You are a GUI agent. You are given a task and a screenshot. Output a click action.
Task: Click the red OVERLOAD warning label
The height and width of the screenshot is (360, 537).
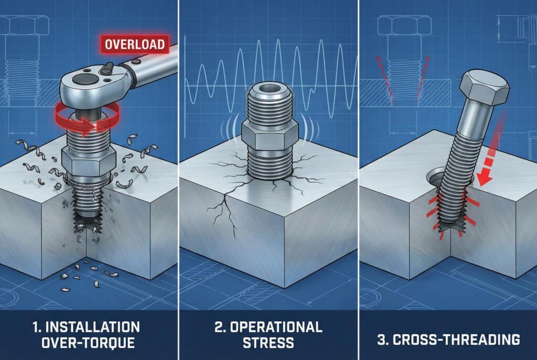(x=135, y=45)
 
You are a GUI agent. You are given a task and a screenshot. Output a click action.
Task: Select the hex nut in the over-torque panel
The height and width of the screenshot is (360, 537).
(x=88, y=160)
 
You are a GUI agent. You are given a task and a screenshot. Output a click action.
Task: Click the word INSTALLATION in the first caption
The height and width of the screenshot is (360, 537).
(x=92, y=327)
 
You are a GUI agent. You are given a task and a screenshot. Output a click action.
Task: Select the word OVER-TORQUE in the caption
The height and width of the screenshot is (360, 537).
(x=88, y=343)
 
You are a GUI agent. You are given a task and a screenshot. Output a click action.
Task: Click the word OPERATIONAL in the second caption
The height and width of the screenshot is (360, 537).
(x=276, y=327)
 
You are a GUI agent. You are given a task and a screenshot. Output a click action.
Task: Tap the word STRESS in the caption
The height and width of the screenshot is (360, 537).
(x=268, y=343)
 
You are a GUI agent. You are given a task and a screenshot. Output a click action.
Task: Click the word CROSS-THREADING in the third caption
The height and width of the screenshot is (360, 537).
(x=456, y=340)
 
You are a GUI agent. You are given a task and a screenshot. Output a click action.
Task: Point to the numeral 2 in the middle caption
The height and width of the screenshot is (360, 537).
(x=219, y=327)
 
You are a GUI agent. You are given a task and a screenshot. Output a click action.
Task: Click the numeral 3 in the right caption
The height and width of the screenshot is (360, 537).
(x=382, y=340)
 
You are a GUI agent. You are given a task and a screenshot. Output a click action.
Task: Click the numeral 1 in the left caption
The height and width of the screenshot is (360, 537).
(x=36, y=327)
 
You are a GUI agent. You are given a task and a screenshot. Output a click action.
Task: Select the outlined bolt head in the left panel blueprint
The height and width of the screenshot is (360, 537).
(x=25, y=25)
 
